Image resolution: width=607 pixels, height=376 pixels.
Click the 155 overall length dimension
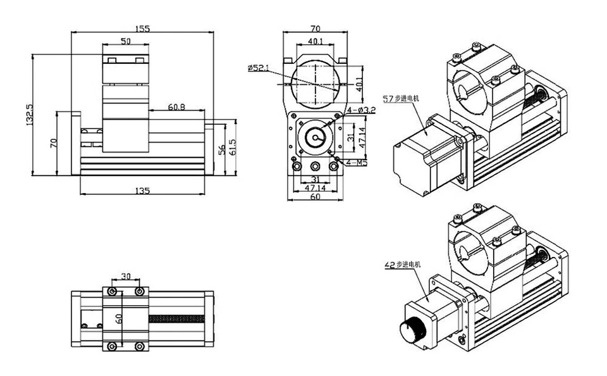[x=142, y=28]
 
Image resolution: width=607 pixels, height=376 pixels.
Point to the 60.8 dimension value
[x=176, y=108]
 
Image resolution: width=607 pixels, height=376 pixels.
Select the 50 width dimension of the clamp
[x=125, y=41]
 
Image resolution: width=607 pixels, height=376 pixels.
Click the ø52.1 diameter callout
[x=259, y=67]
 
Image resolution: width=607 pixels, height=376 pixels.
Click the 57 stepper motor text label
[x=402, y=99]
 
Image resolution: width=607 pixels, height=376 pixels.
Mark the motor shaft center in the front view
[x=314, y=139]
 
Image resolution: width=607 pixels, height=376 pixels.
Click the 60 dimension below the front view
[x=315, y=197]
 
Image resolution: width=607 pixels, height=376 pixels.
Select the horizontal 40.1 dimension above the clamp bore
[x=315, y=41]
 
